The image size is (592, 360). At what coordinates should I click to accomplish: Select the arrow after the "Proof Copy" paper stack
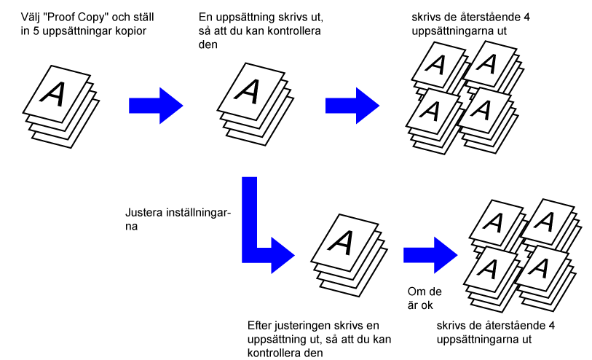pos(155,105)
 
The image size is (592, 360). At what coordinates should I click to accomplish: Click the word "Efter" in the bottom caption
pos(261,324)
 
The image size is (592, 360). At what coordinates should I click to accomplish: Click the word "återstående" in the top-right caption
pos(486,16)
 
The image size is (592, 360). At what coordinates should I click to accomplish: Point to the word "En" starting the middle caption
pos(206,16)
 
